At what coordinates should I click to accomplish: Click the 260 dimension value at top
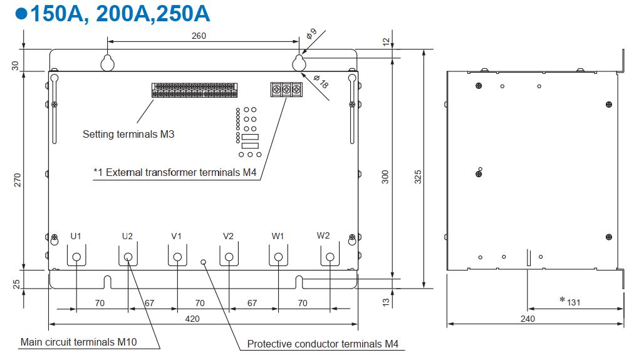(x=199, y=36)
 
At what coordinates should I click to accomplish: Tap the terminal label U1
(x=76, y=236)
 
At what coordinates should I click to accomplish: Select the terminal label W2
(x=323, y=235)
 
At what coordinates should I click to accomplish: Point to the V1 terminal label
(x=177, y=236)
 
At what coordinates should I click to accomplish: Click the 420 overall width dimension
(x=192, y=319)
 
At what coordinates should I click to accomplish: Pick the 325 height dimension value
(x=418, y=177)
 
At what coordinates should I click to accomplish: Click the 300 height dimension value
(x=385, y=177)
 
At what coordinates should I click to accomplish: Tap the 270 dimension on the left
(x=18, y=180)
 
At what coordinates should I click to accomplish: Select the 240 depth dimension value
(x=528, y=319)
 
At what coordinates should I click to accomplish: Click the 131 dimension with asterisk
(x=570, y=302)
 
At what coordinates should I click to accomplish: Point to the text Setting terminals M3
(x=128, y=135)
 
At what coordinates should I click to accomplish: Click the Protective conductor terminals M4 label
(x=323, y=344)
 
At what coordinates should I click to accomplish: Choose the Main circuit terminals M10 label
(x=79, y=342)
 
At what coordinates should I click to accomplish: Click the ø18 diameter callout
(x=321, y=81)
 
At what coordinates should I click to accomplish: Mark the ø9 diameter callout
(x=311, y=33)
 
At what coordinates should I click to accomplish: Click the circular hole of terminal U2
(x=128, y=257)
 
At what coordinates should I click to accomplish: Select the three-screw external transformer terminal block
(x=286, y=90)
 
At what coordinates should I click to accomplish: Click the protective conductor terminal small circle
(x=204, y=262)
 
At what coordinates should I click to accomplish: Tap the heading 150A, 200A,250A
(x=120, y=13)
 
